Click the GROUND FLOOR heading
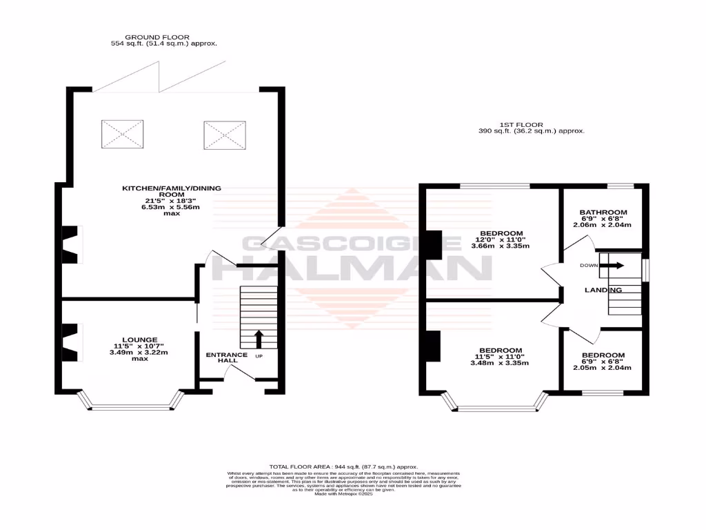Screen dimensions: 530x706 157,37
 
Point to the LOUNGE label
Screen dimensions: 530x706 140,340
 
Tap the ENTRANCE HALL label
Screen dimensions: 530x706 221,357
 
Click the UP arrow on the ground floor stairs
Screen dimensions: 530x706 259,339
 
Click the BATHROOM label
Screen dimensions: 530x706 603,212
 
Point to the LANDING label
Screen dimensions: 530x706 603,290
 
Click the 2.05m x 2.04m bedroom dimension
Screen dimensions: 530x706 602,368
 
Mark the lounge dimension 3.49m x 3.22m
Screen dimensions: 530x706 139,353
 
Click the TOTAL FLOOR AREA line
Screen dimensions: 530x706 343,467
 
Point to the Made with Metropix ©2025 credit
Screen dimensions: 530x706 343,494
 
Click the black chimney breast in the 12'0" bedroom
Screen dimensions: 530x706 434,244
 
